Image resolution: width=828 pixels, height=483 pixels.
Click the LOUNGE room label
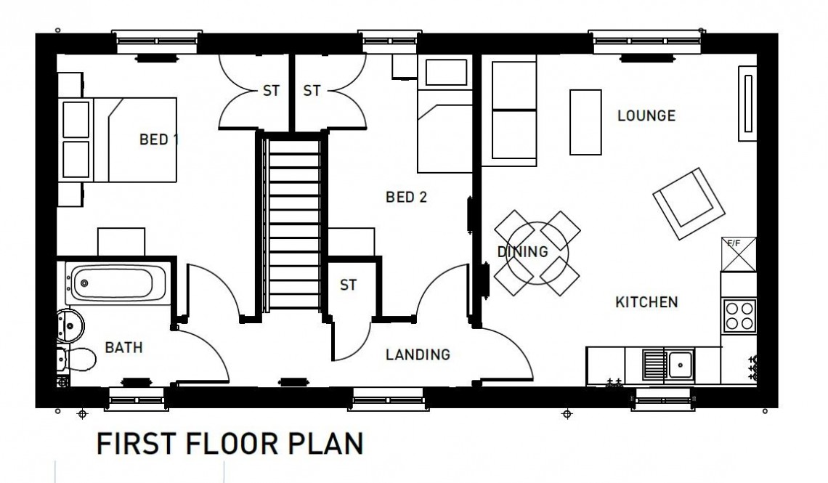pos(646,115)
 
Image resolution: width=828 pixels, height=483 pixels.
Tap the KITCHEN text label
pos(646,301)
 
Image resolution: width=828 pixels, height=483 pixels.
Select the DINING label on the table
pos(522,252)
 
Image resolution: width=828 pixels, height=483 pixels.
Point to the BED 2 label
pos(406,197)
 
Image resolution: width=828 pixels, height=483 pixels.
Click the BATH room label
pos(123,348)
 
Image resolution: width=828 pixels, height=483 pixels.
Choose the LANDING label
pos(418,354)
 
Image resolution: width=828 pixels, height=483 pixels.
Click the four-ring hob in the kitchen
pos(740,315)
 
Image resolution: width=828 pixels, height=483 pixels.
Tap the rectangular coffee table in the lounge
pos(585,121)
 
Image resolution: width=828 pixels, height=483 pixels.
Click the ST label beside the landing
pos(349,285)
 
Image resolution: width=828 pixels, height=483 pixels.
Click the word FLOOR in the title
pos(235,443)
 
